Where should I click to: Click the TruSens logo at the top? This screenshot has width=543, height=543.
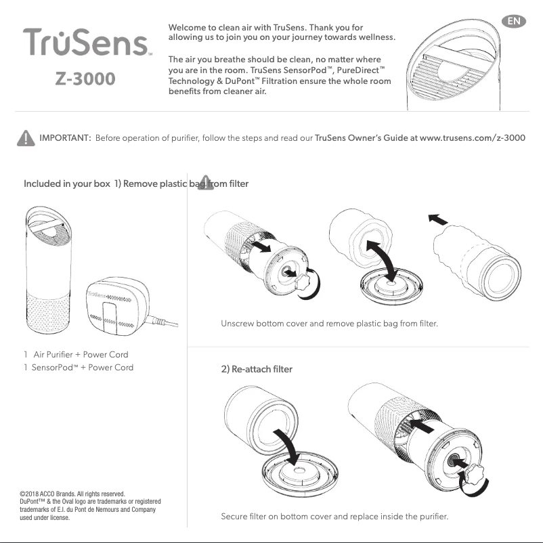click(87, 43)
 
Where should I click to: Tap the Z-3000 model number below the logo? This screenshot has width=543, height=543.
click(85, 79)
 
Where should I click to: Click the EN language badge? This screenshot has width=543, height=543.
click(516, 21)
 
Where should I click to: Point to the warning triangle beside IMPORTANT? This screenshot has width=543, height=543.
click(24, 138)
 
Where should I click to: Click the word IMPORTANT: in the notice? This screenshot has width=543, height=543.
click(66, 139)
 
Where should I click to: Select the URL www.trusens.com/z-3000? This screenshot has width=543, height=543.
click(473, 139)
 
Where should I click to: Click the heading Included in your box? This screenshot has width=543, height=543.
click(66, 184)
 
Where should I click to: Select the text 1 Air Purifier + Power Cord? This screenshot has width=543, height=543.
click(76, 354)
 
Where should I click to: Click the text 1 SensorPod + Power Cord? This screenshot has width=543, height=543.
click(79, 368)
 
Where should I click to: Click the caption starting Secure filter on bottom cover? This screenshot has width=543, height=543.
click(334, 517)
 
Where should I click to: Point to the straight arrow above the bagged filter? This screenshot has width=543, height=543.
click(439, 219)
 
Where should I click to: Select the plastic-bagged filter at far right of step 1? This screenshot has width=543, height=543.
click(479, 258)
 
